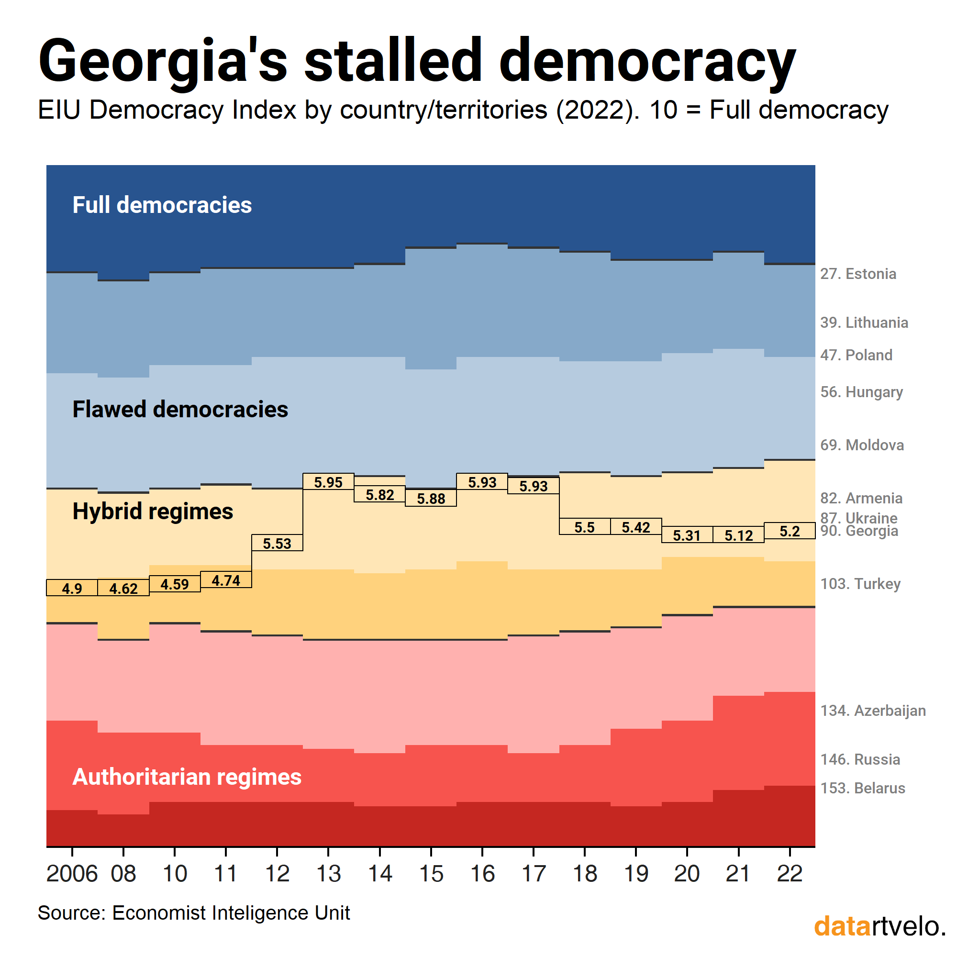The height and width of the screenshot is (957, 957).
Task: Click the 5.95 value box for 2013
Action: click(328, 482)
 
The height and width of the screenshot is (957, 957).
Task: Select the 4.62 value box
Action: click(123, 589)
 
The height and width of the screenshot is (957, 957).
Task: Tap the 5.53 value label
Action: click(277, 544)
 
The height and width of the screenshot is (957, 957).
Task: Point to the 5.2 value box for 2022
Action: click(790, 531)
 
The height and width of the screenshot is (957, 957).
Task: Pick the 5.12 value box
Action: click(738, 535)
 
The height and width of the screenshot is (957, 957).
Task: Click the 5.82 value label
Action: click(379, 494)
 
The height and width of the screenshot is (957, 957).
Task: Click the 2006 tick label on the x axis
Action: click(72, 874)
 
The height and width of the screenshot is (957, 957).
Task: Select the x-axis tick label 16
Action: click(482, 874)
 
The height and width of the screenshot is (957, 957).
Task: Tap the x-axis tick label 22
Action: click(790, 874)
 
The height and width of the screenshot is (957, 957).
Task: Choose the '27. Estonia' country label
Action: click(858, 274)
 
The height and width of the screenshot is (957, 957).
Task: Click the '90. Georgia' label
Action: click(859, 531)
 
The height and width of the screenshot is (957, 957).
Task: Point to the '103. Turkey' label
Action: click(860, 583)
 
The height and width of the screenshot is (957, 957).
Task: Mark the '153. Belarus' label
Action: click(862, 788)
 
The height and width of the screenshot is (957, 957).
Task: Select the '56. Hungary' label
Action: click(861, 392)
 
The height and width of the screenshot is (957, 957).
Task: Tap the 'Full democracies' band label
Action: click(162, 205)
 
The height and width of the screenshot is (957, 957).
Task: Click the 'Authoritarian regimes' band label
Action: click(187, 777)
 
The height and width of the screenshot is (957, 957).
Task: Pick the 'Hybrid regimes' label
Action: click(153, 511)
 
